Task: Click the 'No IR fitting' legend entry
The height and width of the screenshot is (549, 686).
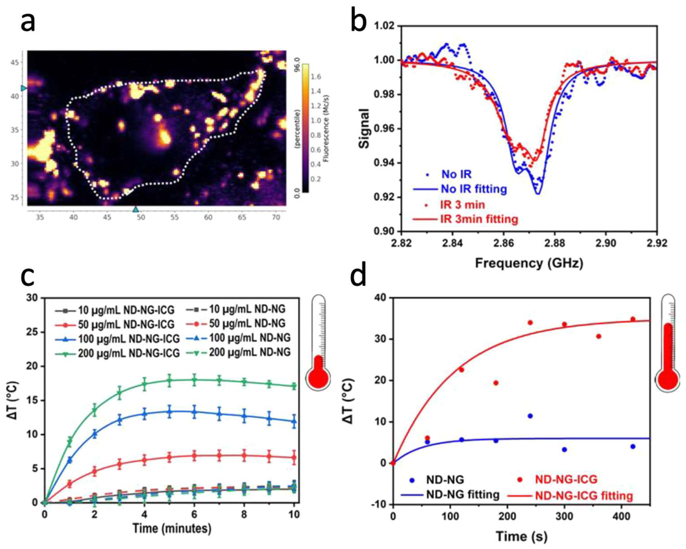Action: pyautogui.click(x=473, y=189)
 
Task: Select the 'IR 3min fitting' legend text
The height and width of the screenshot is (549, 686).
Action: pyautogui.click(x=479, y=219)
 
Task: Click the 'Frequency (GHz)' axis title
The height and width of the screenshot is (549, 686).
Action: pyautogui.click(x=529, y=263)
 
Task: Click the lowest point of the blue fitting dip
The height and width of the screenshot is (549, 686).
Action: pyautogui.click(x=538, y=194)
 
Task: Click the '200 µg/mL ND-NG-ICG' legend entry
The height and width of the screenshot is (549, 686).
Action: pyautogui.click(x=129, y=353)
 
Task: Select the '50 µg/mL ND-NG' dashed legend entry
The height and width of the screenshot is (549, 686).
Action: pyautogui.click(x=247, y=324)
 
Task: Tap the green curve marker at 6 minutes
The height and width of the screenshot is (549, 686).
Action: pyautogui.click(x=194, y=380)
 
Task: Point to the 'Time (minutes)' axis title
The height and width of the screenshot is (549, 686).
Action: pyautogui.click(x=172, y=528)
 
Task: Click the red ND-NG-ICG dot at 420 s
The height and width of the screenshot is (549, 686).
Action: pyautogui.click(x=632, y=319)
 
